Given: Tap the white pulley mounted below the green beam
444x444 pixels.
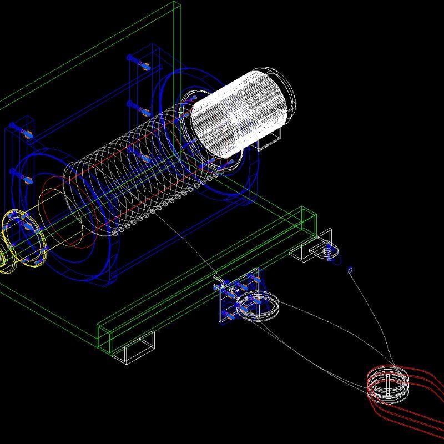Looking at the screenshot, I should pyautogui.click(x=259, y=305).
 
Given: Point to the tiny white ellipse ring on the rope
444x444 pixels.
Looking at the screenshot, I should pyautogui.click(x=350, y=270).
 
